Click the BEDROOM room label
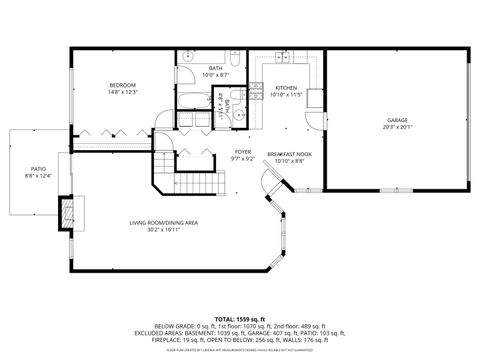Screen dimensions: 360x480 pos(122,85)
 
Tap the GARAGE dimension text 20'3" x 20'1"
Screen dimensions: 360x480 pos(397,127)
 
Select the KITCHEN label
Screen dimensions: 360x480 pos(286,88)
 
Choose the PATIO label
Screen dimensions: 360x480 pos(37,169)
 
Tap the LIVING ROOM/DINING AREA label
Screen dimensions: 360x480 pos(163,222)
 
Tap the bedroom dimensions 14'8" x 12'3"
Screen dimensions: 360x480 pos(122,93)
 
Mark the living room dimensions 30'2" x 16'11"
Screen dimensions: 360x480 pos(163,230)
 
